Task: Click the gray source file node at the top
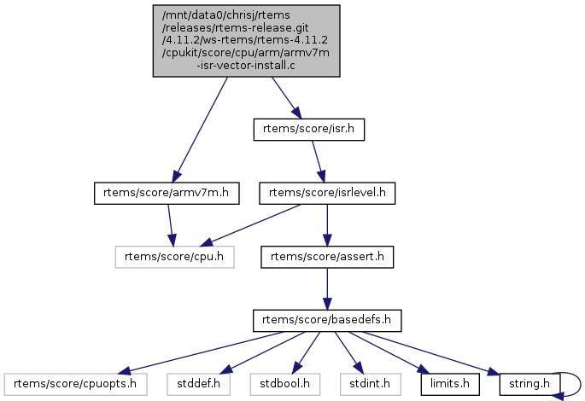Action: (246, 41)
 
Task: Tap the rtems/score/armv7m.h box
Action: (164, 193)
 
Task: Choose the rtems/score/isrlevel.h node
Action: (328, 193)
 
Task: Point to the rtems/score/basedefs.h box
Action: (326, 321)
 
